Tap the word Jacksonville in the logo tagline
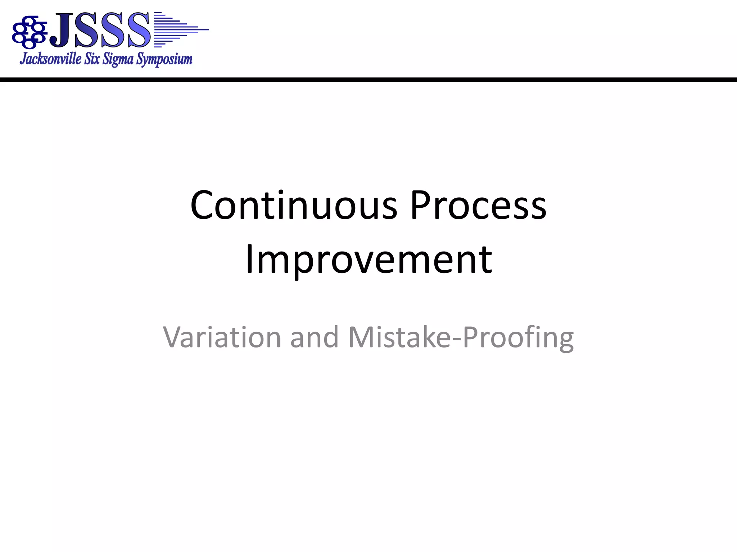pos(51,59)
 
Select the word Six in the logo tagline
pos(92,59)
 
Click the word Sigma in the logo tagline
pos(118,59)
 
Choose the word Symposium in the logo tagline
pos(164,59)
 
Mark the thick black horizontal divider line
pos(368,79)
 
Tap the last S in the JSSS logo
pos(138,30)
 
